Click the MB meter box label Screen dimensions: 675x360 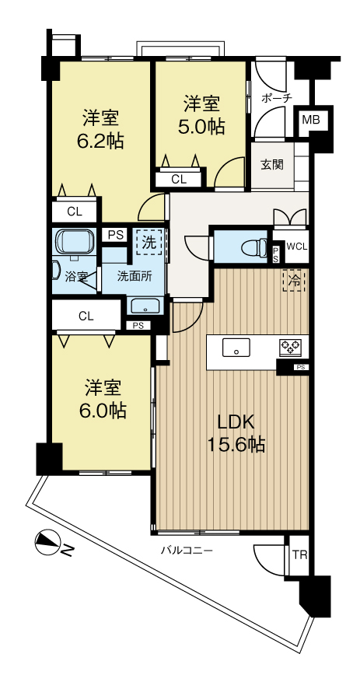[311, 121]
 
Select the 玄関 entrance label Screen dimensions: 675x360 [272, 164]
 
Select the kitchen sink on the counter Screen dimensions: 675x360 [235, 348]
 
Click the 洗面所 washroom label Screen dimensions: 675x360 [134, 275]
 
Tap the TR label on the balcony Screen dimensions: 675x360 [299, 555]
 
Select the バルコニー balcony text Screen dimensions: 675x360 [187, 551]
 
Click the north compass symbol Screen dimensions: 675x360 [48, 541]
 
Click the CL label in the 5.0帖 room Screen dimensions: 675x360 [179, 180]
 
